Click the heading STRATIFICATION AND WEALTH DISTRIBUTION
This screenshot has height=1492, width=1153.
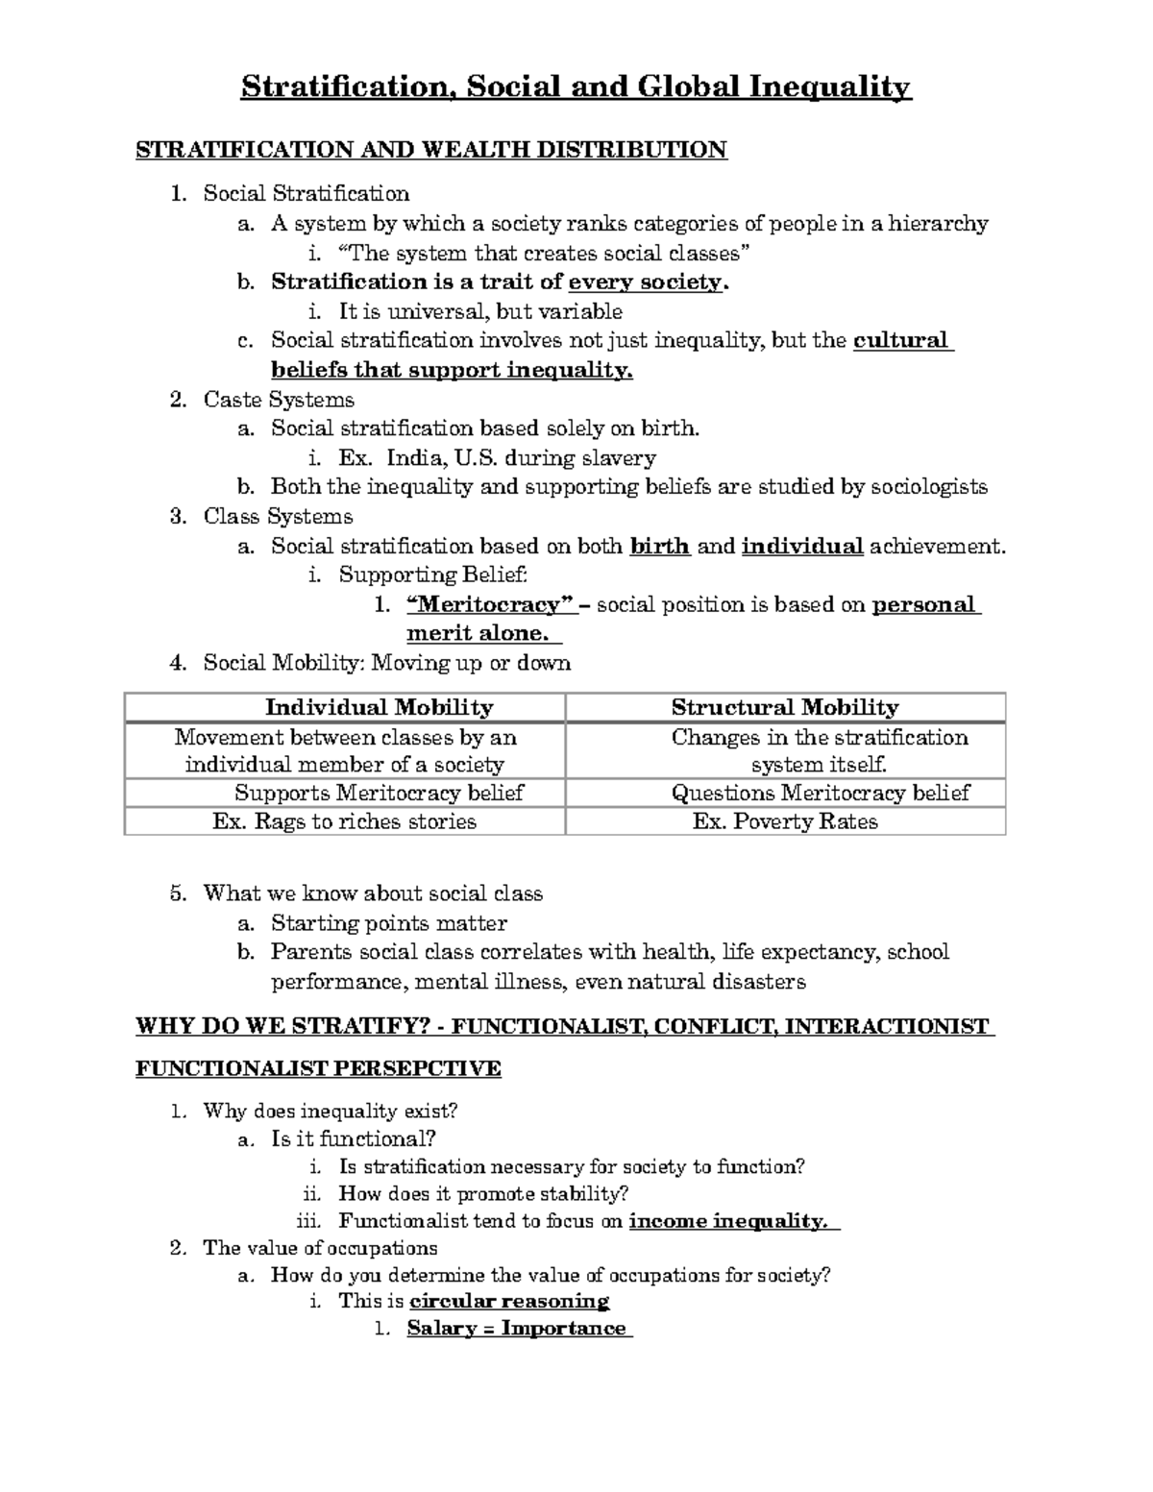click(431, 150)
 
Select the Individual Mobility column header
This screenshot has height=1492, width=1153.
click(379, 708)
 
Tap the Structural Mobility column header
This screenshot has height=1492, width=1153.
click(784, 708)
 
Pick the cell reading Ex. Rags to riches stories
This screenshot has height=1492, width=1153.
click(344, 821)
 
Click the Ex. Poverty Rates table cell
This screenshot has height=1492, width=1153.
click(785, 821)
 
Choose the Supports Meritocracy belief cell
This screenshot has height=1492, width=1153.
click(379, 793)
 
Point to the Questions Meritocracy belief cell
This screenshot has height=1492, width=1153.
click(820, 793)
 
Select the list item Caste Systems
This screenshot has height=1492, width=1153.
click(279, 400)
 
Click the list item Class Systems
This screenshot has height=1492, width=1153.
click(278, 517)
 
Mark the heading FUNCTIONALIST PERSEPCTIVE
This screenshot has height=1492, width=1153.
click(318, 1069)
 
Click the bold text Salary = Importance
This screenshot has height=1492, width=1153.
click(516, 1329)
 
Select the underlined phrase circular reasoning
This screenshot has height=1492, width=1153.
click(509, 1302)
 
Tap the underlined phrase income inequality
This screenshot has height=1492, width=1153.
click(727, 1222)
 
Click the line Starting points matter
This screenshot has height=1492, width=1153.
click(388, 923)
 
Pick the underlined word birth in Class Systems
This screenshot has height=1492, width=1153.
click(659, 547)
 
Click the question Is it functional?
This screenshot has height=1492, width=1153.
click(354, 1139)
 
